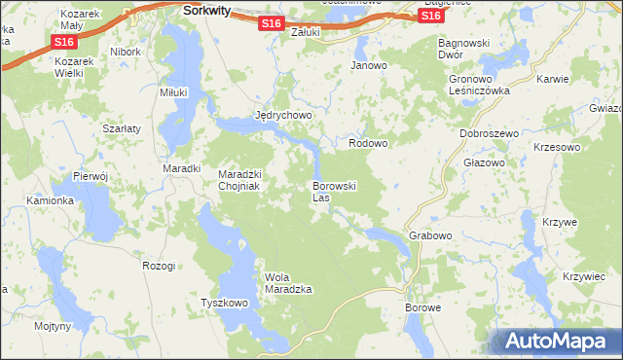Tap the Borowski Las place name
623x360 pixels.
point(335,191)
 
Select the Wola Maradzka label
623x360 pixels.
point(288,283)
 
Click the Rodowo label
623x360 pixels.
point(368,143)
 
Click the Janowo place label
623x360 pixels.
point(369,66)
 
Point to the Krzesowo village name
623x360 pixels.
point(557,146)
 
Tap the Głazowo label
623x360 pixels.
point(483,162)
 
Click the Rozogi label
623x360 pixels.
point(159,266)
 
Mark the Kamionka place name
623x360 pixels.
point(51,200)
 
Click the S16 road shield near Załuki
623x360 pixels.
point(273,23)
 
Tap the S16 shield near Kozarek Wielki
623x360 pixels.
point(64,43)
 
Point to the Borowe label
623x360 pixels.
point(423,307)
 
